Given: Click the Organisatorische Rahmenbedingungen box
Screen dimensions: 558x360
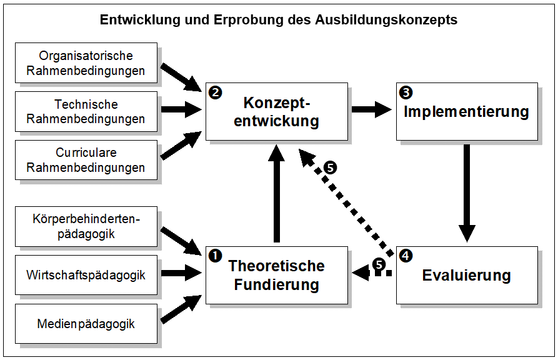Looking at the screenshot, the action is point(86,63).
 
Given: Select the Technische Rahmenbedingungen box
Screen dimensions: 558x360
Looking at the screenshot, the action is point(86,111).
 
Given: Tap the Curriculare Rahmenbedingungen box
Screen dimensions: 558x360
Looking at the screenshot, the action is point(86,160).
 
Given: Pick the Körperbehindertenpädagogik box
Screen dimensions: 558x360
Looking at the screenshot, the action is point(86,226).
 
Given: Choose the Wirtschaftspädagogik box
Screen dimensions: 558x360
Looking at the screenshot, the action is point(86,275).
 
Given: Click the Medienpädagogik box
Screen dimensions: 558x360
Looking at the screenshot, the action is point(86,324).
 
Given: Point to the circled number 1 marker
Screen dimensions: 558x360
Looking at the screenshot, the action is point(216,256).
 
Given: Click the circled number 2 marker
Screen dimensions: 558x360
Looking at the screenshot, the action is point(216,92).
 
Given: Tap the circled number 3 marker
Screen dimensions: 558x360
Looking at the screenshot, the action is point(406,92).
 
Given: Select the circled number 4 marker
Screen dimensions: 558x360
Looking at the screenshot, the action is point(406,256).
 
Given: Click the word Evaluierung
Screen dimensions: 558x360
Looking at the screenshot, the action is point(467,276).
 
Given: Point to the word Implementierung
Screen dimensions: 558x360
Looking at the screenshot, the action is point(467,112).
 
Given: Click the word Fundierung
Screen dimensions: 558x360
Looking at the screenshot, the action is point(277,285).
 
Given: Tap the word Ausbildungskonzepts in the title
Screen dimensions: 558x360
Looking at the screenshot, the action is point(386,20).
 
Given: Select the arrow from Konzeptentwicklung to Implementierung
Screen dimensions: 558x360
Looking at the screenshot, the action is point(372,109).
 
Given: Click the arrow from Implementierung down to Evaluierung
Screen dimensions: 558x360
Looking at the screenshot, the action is point(467,193).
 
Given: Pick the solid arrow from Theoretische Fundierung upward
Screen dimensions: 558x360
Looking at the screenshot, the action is point(277,193).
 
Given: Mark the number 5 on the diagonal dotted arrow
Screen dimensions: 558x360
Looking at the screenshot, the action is point(331,167).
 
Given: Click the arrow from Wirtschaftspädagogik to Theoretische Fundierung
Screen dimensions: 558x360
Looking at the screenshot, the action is point(181,273).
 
